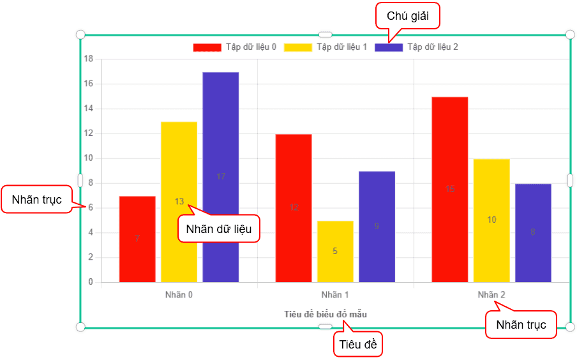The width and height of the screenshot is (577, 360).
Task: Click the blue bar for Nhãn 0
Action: tap(220, 177)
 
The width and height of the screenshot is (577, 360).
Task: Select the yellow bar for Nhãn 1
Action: tap(335, 251)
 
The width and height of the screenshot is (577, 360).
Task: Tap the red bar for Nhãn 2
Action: tap(450, 190)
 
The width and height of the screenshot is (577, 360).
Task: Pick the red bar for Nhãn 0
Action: tap(137, 239)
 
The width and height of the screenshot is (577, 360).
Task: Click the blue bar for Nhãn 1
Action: tap(377, 227)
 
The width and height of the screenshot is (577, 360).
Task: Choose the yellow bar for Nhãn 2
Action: tap(491, 221)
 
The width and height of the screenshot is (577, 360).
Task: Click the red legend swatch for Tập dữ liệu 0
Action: tap(207, 47)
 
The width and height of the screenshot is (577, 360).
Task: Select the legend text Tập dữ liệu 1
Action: tap(342, 47)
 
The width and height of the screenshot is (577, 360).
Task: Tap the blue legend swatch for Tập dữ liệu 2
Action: tap(389, 47)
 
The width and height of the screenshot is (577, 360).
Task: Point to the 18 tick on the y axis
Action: tap(88, 59)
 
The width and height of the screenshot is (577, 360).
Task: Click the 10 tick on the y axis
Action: tap(88, 158)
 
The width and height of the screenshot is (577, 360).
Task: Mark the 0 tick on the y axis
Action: tap(91, 282)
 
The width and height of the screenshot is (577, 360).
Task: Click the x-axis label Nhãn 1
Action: tap(335, 295)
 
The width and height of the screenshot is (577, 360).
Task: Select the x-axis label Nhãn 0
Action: tap(179, 295)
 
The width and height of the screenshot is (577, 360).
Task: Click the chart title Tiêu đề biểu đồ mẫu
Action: tap(326, 314)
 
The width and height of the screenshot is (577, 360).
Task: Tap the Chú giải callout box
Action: tap(408, 16)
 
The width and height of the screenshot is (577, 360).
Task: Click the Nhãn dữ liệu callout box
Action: tap(219, 229)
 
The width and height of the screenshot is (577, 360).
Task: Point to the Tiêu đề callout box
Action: tap(358, 345)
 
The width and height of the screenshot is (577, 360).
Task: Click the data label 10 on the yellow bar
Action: tap(491, 220)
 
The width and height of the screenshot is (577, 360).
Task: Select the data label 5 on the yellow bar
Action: tap(335, 251)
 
